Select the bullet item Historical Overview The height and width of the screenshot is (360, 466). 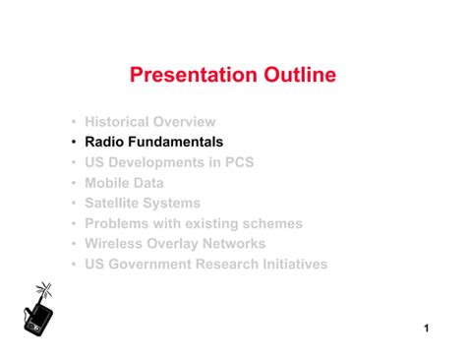[149, 122]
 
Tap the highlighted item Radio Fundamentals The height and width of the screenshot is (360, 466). [153, 142]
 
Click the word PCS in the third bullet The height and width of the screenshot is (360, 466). [239, 162]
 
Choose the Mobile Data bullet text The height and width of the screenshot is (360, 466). [124, 183]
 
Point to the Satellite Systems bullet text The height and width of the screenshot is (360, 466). [143, 204]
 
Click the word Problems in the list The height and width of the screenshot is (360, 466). [117, 223]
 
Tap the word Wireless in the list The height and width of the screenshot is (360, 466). [113, 244]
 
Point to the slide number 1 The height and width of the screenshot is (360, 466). [428, 328]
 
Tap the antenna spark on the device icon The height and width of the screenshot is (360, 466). [43, 289]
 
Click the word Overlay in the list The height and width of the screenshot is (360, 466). [172, 244]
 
